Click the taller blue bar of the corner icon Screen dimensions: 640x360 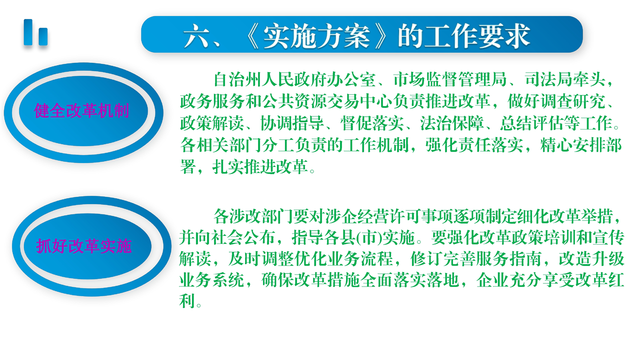pos(28,32)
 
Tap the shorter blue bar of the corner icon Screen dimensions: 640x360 pos(43,36)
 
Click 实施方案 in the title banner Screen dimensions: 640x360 pos(316,36)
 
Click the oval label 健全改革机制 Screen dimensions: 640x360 pos(81,110)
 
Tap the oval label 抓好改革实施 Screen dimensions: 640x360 pos(83,245)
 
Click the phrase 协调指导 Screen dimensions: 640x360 pos(292,123)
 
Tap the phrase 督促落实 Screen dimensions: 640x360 pos(372,123)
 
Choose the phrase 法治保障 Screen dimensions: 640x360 pos(452,123)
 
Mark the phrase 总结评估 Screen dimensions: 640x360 pos(532,123)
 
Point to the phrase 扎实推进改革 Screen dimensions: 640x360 pos(260,167)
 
